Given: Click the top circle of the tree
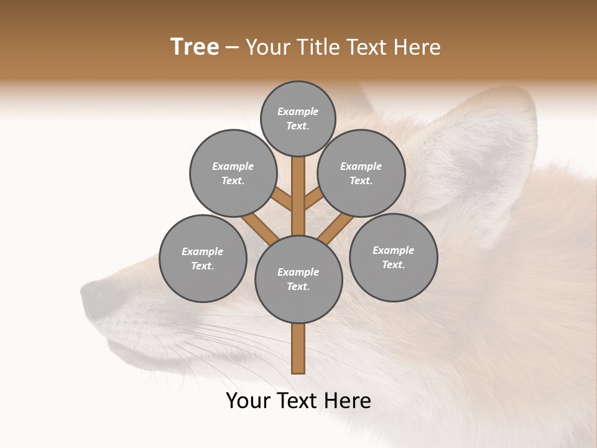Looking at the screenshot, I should (298, 118).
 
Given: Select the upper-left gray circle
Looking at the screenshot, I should (233, 173).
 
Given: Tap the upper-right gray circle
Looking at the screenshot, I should (361, 173).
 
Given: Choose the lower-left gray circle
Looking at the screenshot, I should (203, 258).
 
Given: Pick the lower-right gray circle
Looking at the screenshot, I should (393, 257).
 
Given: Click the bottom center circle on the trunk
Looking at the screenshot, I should (298, 279).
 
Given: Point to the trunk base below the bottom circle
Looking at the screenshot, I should (298, 348).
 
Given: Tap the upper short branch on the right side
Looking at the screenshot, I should (313, 199).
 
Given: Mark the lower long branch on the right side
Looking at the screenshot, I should (336, 229).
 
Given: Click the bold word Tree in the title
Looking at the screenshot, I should (195, 47).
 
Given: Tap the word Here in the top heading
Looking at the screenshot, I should (418, 47).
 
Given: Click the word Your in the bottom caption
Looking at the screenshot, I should (247, 401).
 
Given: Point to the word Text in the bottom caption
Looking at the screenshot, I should (296, 401).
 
